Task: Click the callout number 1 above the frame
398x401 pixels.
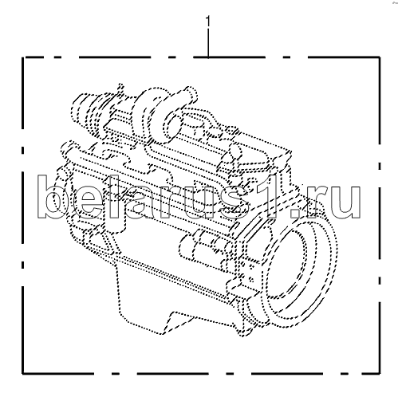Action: point(208,22)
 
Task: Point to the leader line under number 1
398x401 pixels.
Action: point(208,43)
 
